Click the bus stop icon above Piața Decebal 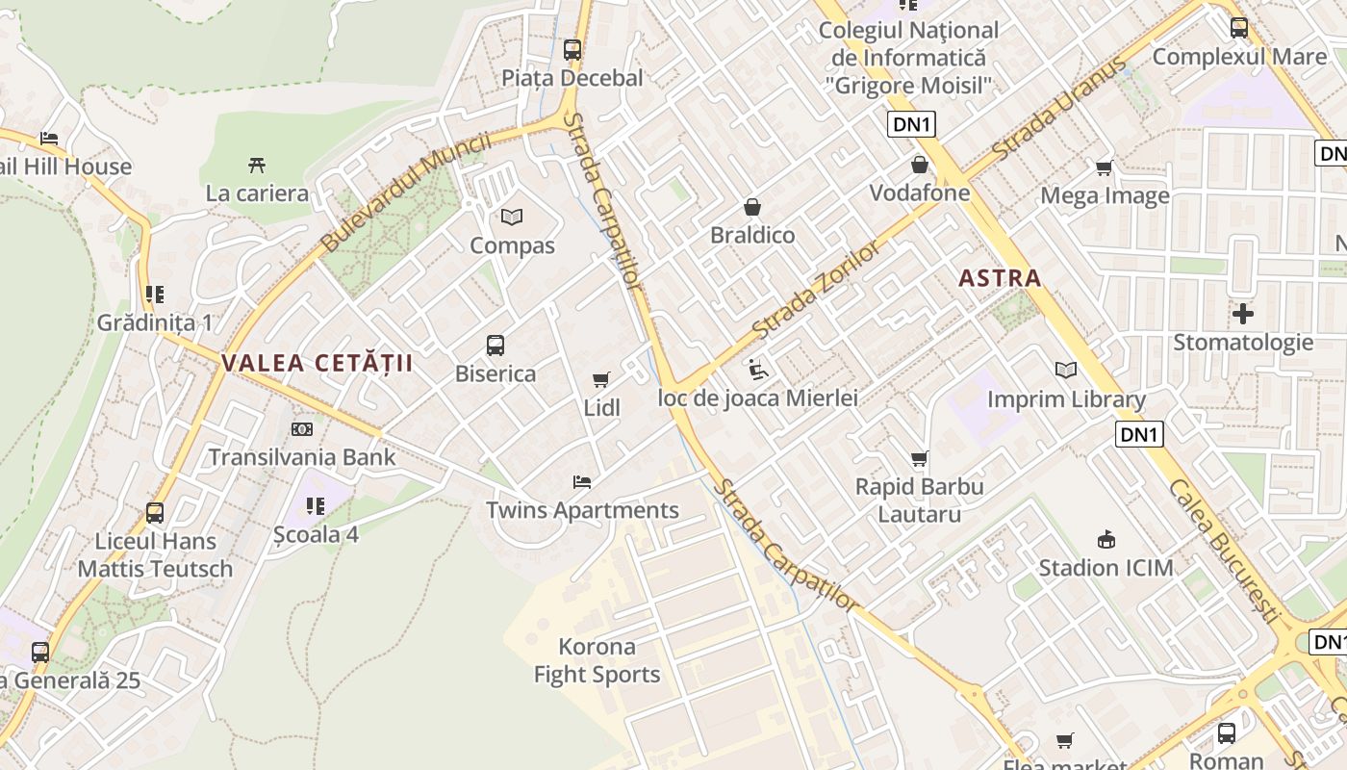572,49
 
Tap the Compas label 512,245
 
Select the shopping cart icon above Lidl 601,380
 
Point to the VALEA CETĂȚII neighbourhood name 317,363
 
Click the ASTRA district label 1001,279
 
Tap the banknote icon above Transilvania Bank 302,429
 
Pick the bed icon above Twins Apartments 581,482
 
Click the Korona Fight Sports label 597,660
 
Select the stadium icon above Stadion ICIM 1106,540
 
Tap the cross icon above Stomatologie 1243,314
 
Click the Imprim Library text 1066,399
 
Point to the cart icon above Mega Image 1105,168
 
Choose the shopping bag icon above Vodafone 920,165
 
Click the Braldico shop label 752,236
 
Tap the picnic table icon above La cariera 257,166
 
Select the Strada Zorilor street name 816,291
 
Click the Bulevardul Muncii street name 405,192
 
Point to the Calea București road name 1227,550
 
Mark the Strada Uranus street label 1058,110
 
